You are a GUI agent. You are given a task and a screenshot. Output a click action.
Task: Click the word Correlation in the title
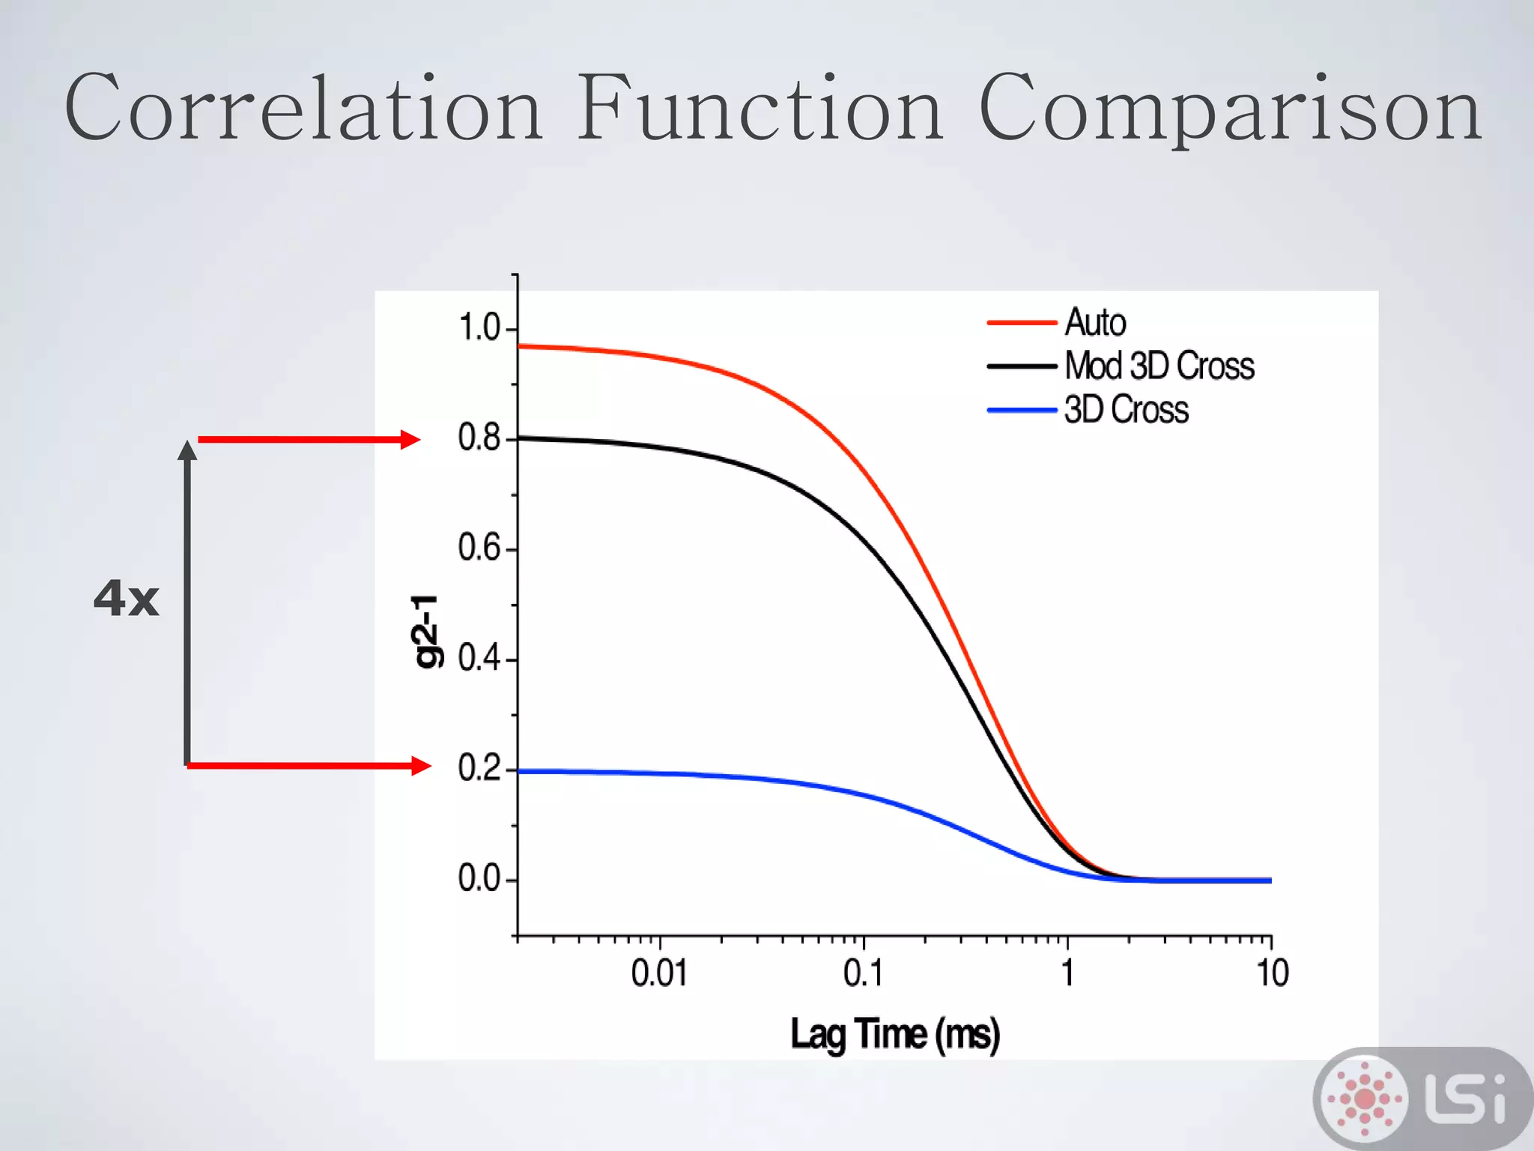(x=303, y=109)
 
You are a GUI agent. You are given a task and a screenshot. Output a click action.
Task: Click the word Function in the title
(x=760, y=109)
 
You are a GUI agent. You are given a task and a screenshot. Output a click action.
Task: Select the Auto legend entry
(x=1095, y=323)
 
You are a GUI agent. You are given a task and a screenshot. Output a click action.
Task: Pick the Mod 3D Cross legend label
(x=1159, y=366)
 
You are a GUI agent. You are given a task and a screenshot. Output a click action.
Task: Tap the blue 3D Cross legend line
(x=1022, y=411)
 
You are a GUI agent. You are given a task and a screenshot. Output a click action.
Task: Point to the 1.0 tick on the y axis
(x=479, y=328)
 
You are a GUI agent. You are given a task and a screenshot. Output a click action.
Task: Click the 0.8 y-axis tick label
(x=479, y=438)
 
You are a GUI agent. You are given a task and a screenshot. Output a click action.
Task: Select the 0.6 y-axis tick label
(x=479, y=549)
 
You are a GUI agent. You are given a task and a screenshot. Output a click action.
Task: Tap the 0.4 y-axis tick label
(x=479, y=659)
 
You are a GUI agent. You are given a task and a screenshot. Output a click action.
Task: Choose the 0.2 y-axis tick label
(x=479, y=769)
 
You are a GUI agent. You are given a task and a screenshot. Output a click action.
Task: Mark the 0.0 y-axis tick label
(x=479, y=878)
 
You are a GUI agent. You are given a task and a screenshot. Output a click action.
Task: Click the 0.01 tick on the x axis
(x=659, y=973)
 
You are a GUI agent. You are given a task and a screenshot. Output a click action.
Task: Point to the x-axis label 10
(x=1272, y=973)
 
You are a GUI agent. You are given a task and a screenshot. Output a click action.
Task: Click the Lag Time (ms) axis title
(x=895, y=1035)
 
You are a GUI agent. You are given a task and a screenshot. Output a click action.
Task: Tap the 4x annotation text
(x=126, y=599)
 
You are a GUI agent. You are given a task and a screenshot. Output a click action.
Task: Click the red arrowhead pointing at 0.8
(x=410, y=440)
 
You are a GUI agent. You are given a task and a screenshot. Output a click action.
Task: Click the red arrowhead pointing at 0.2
(x=421, y=766)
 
